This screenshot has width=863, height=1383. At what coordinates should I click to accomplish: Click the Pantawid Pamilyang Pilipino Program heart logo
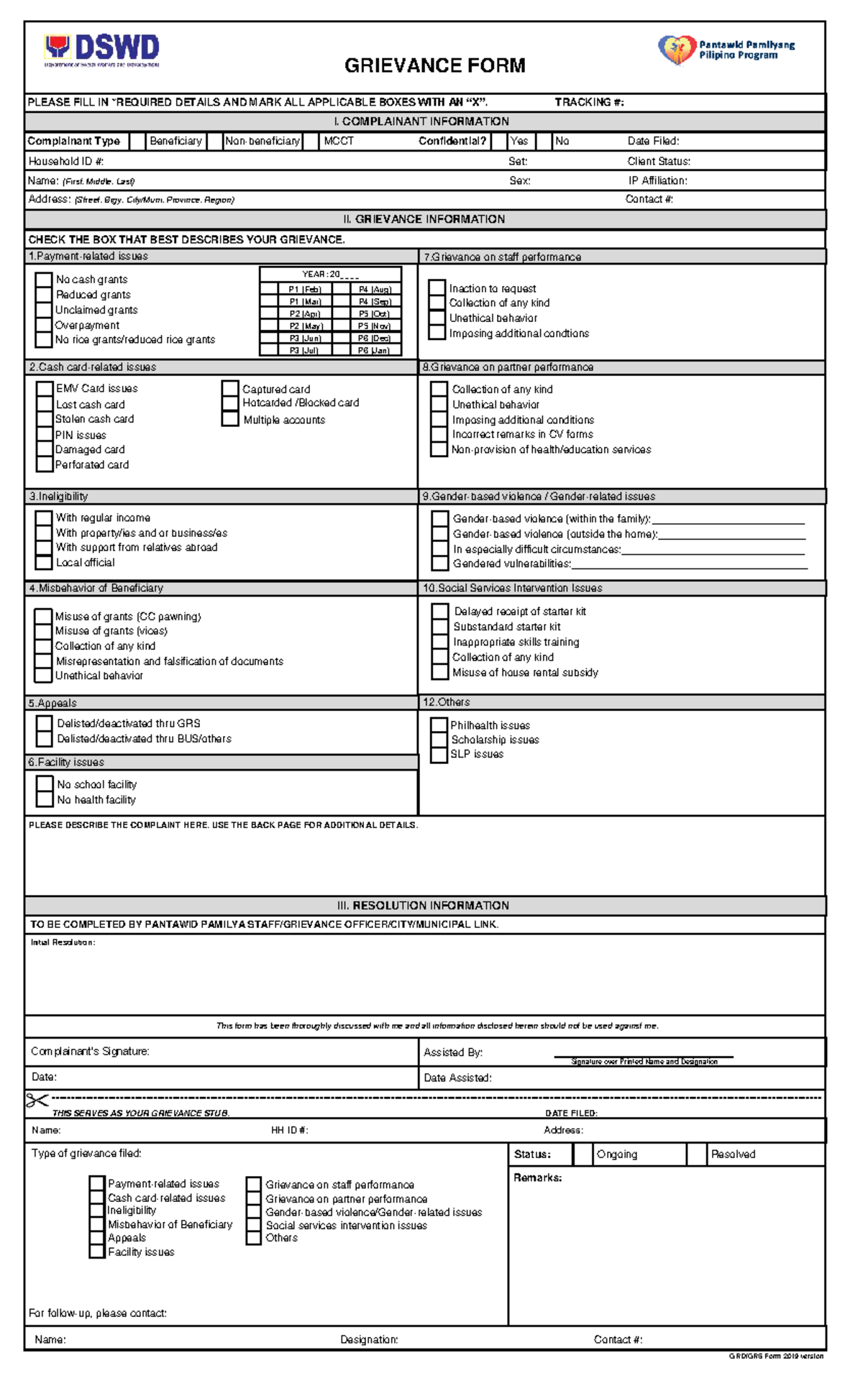pyautogui.click(x=677, y=50)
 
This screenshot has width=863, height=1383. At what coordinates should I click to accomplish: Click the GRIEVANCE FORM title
pyautogui.click(x=434, y=65)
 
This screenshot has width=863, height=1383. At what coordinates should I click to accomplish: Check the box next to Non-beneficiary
pyautogui.click(x=214, y=142)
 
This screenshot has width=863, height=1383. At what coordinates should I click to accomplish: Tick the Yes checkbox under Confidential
pyautogui.click(x=499, y=142)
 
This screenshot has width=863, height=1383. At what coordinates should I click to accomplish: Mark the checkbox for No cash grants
pyautogui.click(x=44, y=279)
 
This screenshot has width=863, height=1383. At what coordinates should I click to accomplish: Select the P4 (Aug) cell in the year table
pyautogui.click(x=374, y=289)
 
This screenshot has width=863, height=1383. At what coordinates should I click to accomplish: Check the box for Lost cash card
pyautogui.click(x=45, y=404)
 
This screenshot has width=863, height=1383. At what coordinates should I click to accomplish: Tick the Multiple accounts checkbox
pyautogui.click(x=230, y=419)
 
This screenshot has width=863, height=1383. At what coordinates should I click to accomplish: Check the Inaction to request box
pyautogui.click(x=437, y=288)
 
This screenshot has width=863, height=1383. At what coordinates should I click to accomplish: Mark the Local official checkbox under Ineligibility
pyautogui.click(x=44, y=562)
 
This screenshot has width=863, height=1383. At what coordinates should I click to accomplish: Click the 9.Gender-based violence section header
pyautogui.click(x=539, y=496)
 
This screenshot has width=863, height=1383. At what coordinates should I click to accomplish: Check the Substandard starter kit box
pyautogui.click(x=440, y=626)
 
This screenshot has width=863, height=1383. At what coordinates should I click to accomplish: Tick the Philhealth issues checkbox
pyautogui.click(x=439, y=725)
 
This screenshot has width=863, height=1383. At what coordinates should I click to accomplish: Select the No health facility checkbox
pyautogui.click(x=45, y=799)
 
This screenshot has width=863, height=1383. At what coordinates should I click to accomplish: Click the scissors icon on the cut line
pyautogui.click(x=37, y=1100)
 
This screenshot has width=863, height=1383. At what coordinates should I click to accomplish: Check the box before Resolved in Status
pyautogui.click(x=696, y=1154)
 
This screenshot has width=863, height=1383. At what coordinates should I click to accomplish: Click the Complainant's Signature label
pyautogui.click(x=90, y=1052)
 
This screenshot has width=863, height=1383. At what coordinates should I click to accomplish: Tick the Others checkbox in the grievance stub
pyautogui.click(x=253, y=1238)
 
